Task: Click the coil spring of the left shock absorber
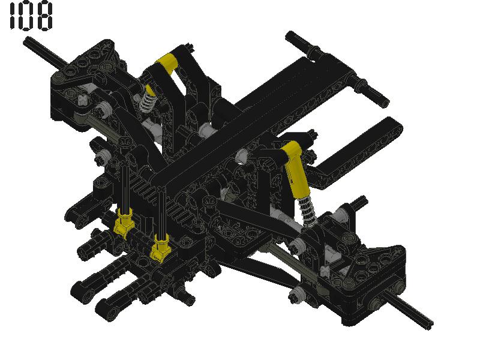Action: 146,101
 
